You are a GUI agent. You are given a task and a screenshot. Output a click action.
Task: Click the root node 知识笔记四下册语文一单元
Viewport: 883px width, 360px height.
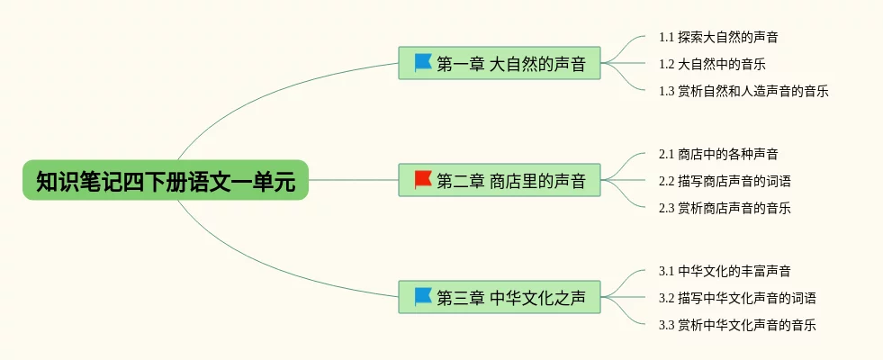point(166,180)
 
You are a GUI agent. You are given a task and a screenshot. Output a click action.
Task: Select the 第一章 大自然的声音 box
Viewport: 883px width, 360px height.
point(500,63)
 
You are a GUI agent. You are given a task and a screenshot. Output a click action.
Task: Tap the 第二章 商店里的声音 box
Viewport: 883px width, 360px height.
point(500,180)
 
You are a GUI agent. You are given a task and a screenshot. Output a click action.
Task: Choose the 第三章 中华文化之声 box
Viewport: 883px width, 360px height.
point(500,297)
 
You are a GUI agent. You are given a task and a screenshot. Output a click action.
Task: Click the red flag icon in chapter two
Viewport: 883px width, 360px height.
point(423,179)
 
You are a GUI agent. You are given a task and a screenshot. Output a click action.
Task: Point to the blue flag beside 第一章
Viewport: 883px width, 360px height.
point(423,62)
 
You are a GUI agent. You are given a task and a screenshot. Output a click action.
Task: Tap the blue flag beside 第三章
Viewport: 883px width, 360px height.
point(423,296)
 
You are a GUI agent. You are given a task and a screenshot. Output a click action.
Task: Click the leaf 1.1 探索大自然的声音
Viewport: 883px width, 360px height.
point(718,37)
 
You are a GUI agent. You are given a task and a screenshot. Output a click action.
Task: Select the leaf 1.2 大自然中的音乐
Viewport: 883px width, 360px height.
point(712,64)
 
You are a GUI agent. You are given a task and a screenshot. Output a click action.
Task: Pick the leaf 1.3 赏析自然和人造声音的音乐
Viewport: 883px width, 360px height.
point(743,91)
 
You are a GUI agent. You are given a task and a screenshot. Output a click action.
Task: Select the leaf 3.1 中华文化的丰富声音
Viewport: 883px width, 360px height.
point(725,271)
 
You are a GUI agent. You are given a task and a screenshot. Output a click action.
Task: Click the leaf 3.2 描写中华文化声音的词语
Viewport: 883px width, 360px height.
point(737,298)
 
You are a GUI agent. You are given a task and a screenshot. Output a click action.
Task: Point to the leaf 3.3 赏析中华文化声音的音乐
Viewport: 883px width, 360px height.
point(737,325)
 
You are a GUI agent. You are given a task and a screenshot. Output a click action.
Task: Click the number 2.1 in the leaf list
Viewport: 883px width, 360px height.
point(666,154)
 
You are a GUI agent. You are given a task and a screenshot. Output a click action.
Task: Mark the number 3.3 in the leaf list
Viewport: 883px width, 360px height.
point(666,325)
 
